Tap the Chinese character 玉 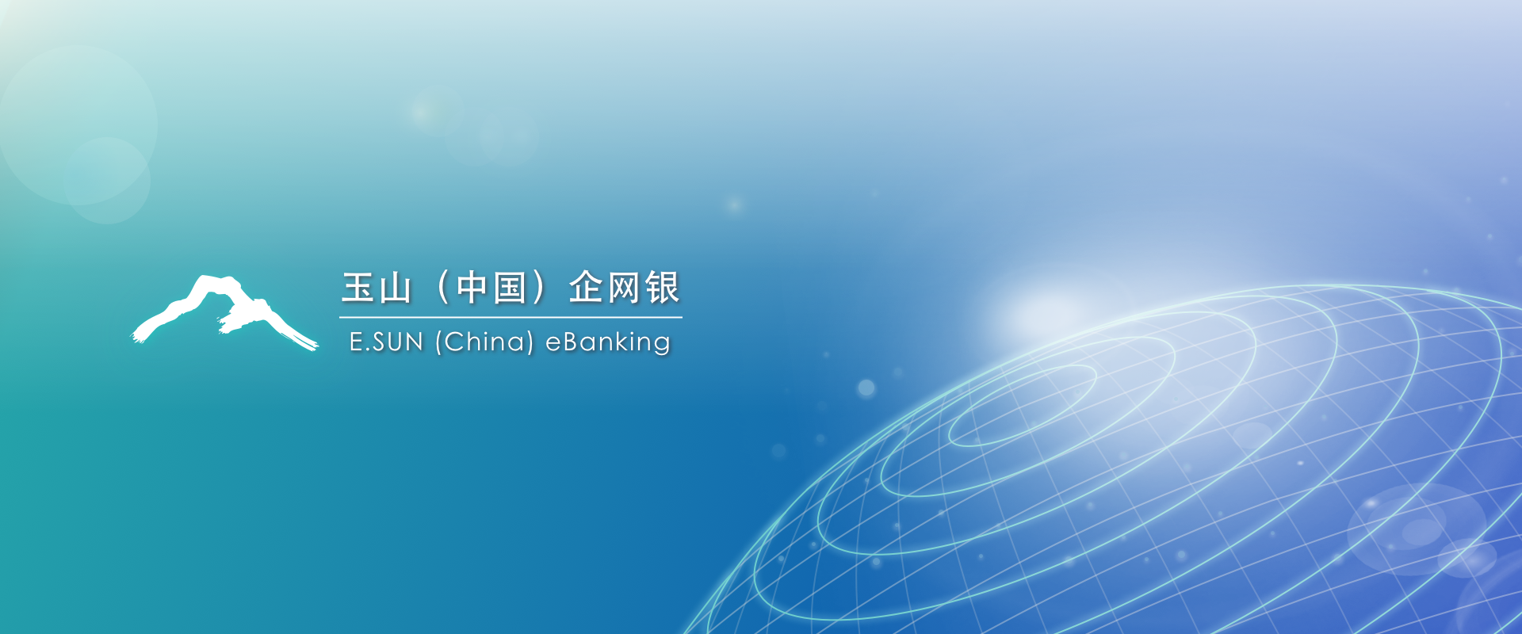(x=358, y=288)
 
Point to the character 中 (x=472, y=288)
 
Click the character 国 (x=510, y=288)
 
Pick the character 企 (x=586, y=287)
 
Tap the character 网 (x=624, y=288)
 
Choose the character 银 (x=663, y=287)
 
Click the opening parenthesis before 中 (x=442, y=288)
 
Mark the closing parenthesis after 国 (x=539, y=288)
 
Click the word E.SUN (x=387, y=342)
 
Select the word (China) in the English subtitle (x=484, y=342)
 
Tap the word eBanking (x=608, y=342)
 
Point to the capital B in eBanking (x=571, y=342)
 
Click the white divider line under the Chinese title (x=511, y=317)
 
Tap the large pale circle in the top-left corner (x=78, y=124)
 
